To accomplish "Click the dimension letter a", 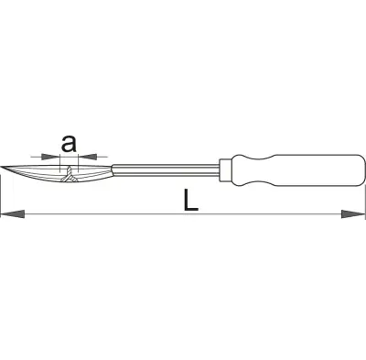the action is click(x=69, y=144).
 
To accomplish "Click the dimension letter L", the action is click(x=190, y=200).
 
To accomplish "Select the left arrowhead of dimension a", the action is click(x=50, y=157).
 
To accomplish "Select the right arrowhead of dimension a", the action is click(x=88, y=157).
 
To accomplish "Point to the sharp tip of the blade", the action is click(x=1, y=167).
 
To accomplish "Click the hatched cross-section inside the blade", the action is click(x=70, y=176).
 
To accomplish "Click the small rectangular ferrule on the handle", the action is click(x=226, y=169).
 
